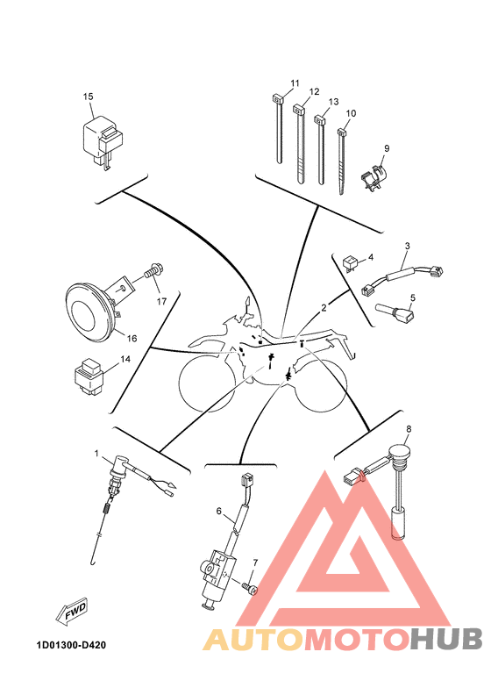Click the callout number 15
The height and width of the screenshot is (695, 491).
pyautogui.click(x=88, y=97)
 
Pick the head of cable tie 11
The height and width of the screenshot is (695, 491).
pyautogui.click(x=277, y=99)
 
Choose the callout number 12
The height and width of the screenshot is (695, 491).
pyautogui.click(x=315, y=92)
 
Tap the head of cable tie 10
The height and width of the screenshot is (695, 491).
pyautogui.click(x=342, y=133)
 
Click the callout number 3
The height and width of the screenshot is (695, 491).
pyautogui.click(x=408, y=246)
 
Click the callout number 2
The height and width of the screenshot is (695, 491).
pyautogui.click(x=324, y=308)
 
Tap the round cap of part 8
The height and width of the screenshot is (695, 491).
pyautogui.click(x=397, y=454)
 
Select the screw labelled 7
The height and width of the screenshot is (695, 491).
pyautogui.click(x=250, y=588)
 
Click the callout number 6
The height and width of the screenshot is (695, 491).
pyautogui.click(x=218, y=511)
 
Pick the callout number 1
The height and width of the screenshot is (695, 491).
pyautogui.click(x=96, y=453)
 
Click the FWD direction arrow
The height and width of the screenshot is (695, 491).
pyautogui.click(x=71, y=613)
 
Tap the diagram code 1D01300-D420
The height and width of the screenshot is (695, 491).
pyautogui.click(x=72, y=645)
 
